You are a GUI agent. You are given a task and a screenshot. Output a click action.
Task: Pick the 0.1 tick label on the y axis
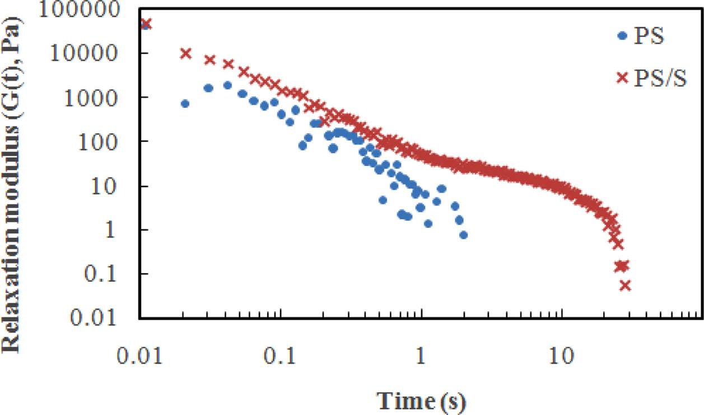109,274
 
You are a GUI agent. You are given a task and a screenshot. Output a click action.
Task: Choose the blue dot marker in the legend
622,36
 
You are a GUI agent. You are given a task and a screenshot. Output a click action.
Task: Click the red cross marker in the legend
622,78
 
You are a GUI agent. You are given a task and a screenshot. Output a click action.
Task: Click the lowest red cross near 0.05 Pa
625,286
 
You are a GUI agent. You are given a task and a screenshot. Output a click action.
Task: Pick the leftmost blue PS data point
185,104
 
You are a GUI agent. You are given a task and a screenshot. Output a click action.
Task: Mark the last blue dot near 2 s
463,235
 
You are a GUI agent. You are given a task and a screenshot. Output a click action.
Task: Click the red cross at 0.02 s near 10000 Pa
185,53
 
